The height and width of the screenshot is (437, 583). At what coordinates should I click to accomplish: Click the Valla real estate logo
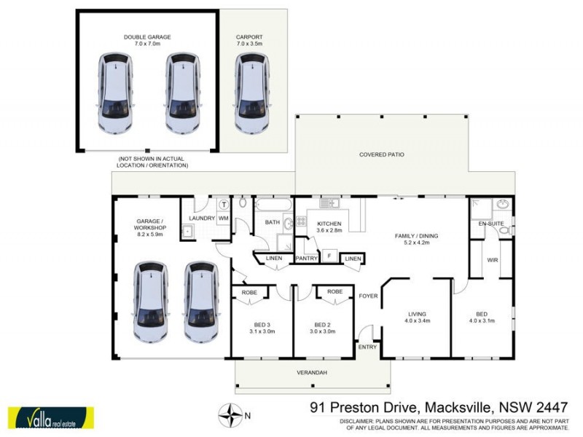(x=51, y=417)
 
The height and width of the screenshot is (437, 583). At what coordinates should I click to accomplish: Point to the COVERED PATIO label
(x=381, y=154)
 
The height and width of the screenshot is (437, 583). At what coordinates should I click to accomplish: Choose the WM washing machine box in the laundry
(x=223, y=218)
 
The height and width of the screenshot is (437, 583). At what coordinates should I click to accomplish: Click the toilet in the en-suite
(x=504, y=232)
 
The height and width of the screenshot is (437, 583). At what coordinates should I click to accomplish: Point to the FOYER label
(x=367, y=296)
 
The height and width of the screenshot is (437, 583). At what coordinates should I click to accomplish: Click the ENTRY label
(x=367, y=347)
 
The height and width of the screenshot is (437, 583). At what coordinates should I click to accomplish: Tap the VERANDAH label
(x=312, y=373)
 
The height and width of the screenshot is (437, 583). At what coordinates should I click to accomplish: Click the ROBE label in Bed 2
(x=334, y=291)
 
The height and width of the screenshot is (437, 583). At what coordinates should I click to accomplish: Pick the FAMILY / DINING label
(x=415, y=240)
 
